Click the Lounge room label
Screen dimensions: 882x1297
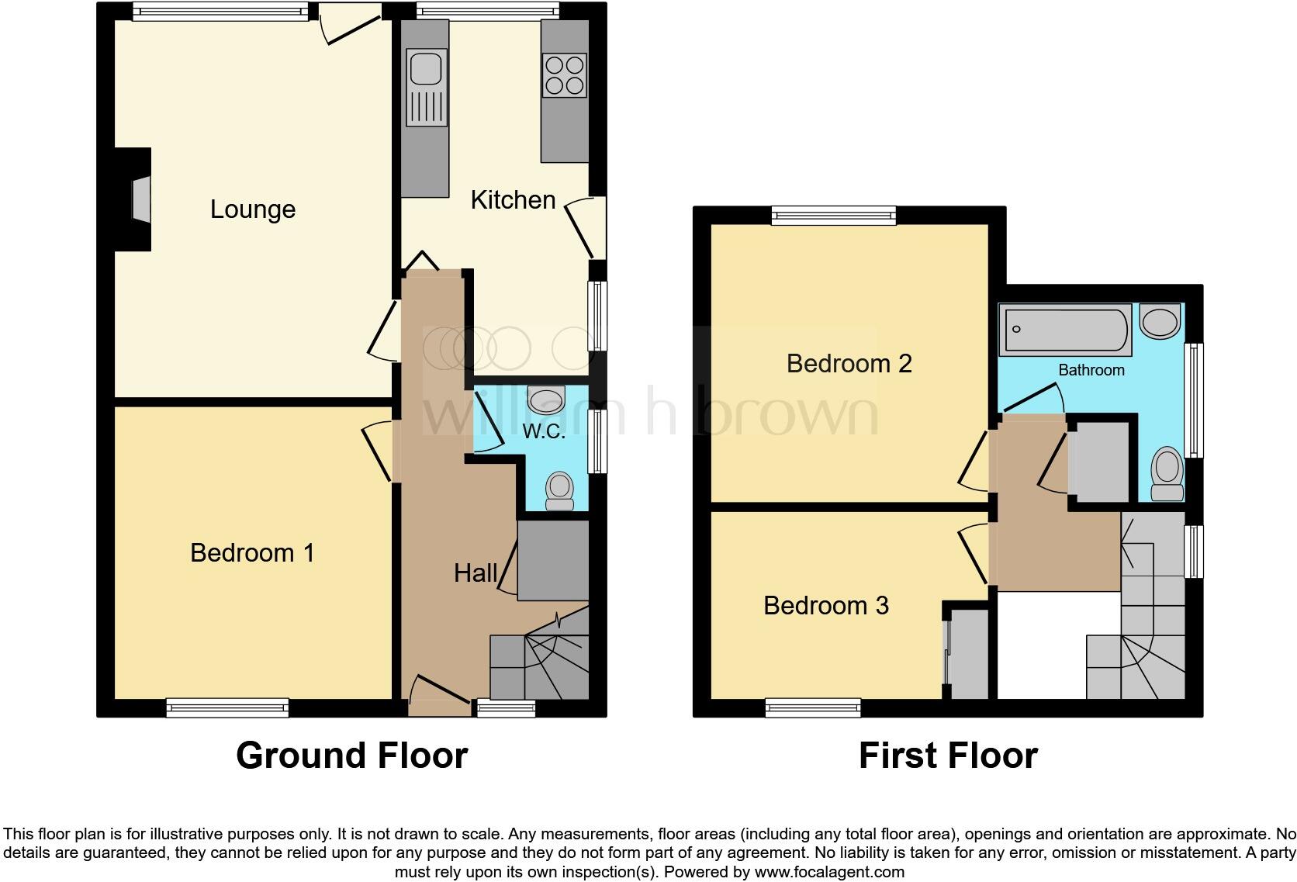253,209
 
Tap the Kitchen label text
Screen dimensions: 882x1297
513,200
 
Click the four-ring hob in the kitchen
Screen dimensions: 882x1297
565,75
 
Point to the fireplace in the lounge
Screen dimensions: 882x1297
140,200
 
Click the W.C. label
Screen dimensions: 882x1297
544,431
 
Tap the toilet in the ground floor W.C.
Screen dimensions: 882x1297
559,491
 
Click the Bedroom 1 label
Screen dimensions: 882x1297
252,553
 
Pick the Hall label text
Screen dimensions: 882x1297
476,573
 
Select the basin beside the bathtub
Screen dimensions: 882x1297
1160,321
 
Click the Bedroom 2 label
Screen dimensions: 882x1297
849,363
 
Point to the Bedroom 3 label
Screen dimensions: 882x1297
825,605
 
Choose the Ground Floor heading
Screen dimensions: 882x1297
351,755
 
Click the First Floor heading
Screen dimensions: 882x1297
947,755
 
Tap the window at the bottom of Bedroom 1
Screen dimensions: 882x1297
227,707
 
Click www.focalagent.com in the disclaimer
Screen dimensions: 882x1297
829,871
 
